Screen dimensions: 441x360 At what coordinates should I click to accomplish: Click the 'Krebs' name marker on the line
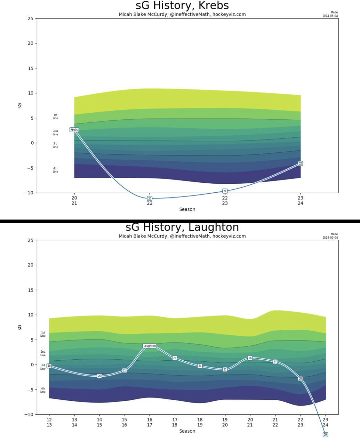(x=74, y=130)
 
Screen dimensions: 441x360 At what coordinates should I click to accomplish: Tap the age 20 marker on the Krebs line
(x=149, y=198)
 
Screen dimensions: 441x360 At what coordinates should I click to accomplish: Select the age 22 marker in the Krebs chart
(x=300, y=164)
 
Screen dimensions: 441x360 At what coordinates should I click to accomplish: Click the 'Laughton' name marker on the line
(x=149, y=346)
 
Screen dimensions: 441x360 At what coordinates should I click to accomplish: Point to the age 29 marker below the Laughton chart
(x=325, y=435)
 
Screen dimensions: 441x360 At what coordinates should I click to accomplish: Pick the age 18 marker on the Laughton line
(x=49, y=366)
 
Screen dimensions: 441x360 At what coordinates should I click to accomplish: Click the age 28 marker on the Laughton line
(x=300, y=379)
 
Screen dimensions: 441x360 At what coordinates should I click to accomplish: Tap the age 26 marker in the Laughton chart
(x=250, y=358)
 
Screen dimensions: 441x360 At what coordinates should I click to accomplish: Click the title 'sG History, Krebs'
(x=182, y=5)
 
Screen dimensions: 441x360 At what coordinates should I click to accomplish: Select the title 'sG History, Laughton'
(x=182, y=227)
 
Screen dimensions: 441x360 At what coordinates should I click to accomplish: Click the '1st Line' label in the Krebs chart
(x=55, y=116)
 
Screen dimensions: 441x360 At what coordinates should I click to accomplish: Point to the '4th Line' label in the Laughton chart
(x=43, y=390)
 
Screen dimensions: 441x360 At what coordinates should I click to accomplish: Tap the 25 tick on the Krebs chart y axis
(x=30, y=19)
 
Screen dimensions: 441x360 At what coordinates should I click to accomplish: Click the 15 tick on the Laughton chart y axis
(x=30, y=290)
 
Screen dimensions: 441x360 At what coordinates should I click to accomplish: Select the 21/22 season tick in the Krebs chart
(x=149, y=200)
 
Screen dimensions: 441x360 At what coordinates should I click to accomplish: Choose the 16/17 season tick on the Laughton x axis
(x=149, y=422)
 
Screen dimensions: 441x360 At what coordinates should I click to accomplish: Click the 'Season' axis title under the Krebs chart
(x=187, y=209)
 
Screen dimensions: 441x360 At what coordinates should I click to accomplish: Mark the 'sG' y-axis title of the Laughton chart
(x=20, y=327)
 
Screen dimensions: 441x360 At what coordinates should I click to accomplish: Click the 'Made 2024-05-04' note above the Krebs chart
(x=330, y=14)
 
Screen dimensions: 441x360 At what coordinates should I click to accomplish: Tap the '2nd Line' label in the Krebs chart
(x=55, y=133)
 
